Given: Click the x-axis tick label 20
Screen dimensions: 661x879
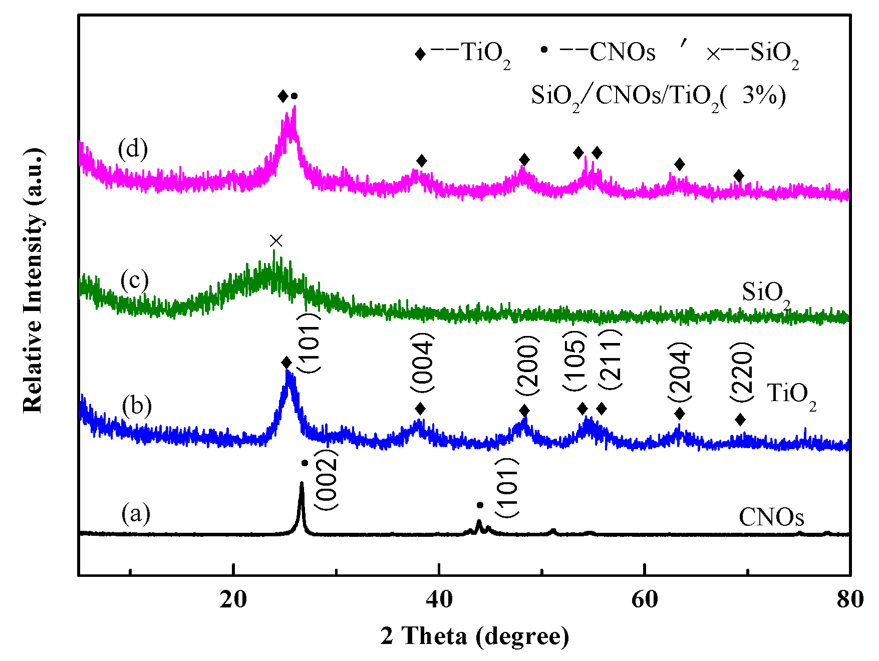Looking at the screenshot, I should tap(233, 599).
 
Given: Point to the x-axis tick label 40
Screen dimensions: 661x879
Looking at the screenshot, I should tap(439, 599).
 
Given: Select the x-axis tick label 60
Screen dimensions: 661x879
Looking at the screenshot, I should tap(645, 599).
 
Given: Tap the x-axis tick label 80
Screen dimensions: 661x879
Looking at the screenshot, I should tap(849, 599).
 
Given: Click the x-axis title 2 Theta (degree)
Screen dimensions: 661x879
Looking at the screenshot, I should tap(474, 636).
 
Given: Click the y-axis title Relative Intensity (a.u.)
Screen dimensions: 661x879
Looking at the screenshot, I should tap(33, 280).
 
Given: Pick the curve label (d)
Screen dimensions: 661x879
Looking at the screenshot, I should tap(133, 149).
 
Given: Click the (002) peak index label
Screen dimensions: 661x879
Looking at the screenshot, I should tap(327, 479).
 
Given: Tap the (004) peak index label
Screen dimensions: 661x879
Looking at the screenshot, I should tap(422, 363).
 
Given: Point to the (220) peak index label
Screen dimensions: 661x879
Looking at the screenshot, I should tap(742, 372).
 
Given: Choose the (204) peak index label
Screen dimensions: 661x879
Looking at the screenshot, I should tap(680, 372).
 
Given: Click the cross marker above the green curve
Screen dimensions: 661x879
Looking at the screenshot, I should tap(276, 241).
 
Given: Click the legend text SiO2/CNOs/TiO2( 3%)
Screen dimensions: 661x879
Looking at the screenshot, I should tap(658, 95).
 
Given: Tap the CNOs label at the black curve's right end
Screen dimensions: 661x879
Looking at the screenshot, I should tap(771, 517).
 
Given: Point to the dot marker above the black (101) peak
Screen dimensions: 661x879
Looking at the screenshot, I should tap(480, 505).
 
